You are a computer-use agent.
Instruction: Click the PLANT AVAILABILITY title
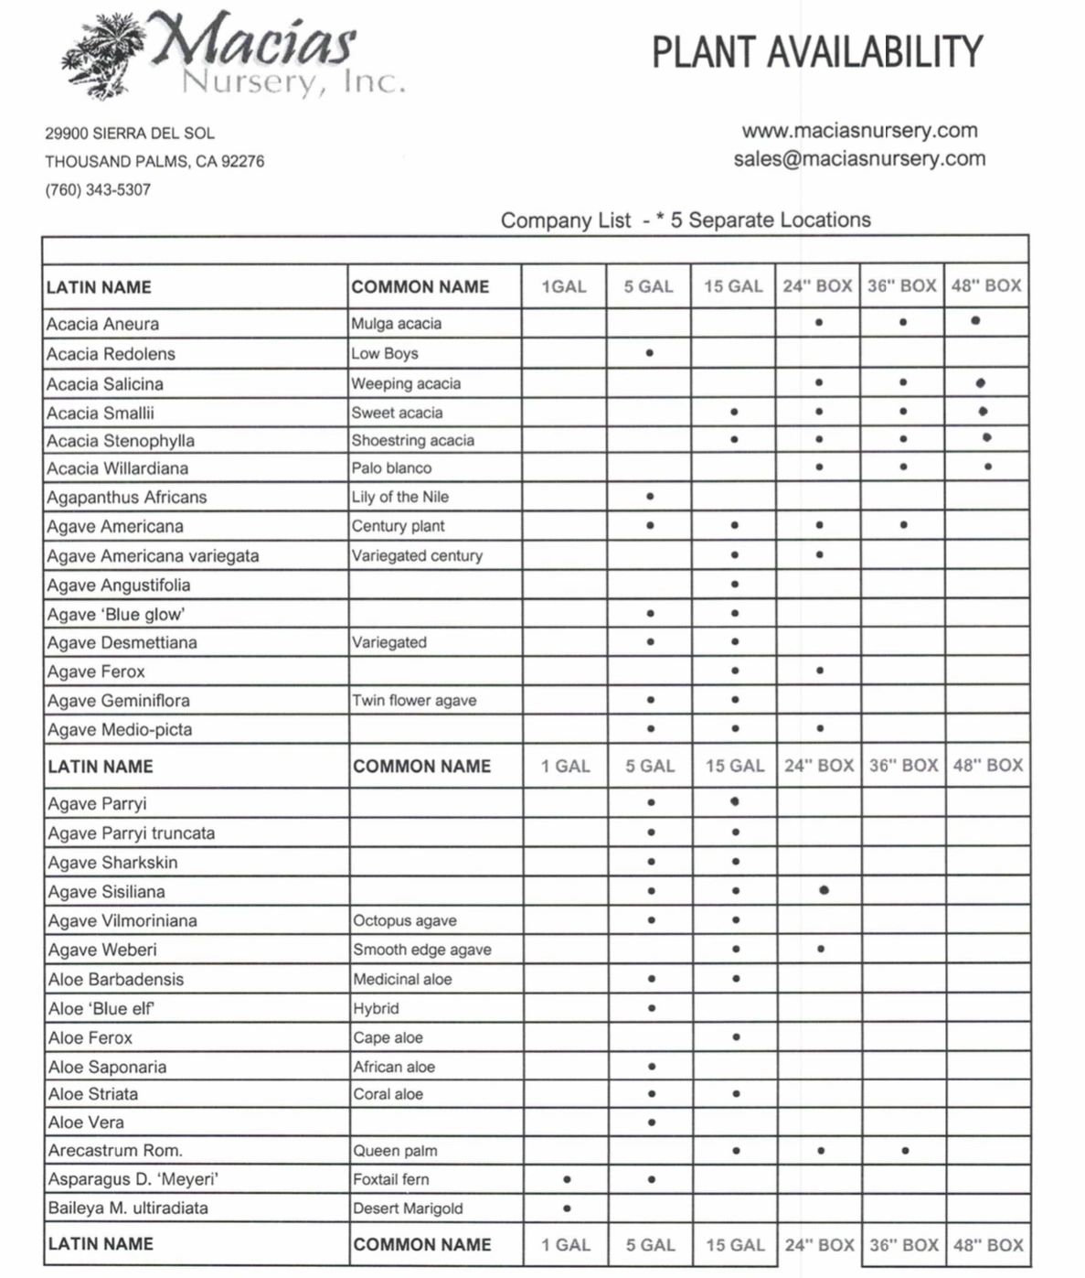tap(816, 52)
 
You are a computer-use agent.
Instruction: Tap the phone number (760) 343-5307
tap(98, 190)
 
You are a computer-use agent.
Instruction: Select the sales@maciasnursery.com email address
tap(859, 159)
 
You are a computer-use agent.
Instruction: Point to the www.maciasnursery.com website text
tap(859, 131)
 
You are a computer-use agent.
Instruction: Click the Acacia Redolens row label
tap(111, 354)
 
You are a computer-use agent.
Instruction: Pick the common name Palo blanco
tap(391, 468)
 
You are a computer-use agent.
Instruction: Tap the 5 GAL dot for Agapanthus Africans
tap(650, 497)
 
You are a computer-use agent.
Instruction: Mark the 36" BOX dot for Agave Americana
tap(903, 526)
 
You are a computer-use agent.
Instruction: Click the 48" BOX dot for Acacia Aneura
tap(976, 321)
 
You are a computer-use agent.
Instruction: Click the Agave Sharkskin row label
tap(113, 863)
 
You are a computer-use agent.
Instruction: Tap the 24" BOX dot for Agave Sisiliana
tap(824, 890)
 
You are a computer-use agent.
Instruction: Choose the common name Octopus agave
tap(405, 921)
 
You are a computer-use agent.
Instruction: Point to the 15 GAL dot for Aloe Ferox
tap(736, 1037)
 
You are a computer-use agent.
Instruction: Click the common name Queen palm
tap(395, 1151)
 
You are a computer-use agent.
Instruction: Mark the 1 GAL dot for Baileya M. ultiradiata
tap(568, 1208)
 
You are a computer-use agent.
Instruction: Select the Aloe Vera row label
tap(86, 1122)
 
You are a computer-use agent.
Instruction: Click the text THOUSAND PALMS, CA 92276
tap(154, 162)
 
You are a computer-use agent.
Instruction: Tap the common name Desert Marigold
tap(408, 1208)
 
